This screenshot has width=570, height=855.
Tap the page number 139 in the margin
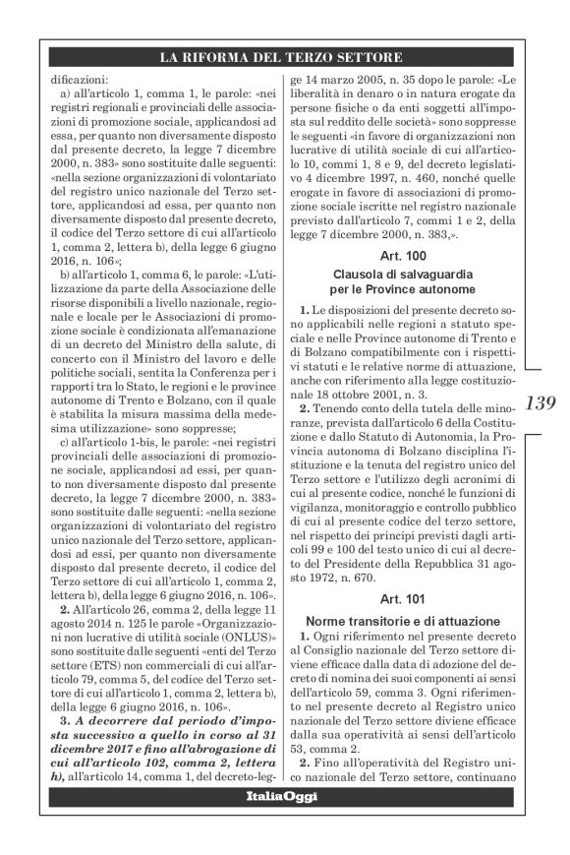[x=541, y=402]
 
